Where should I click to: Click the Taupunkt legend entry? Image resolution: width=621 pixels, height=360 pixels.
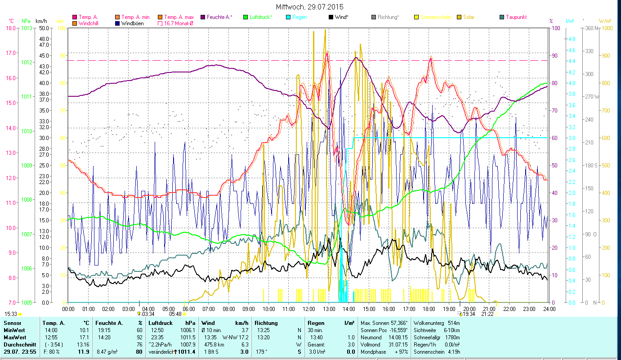click(516, 17)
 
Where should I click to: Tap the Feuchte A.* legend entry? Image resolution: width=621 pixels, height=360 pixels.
click(219, 17)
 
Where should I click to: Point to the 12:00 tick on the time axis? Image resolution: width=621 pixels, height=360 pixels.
click(309, 309)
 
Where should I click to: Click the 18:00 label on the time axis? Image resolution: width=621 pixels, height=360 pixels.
click(429, 309)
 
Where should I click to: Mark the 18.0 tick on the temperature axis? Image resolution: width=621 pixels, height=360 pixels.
click(10, 28)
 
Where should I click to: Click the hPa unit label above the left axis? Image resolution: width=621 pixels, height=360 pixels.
click(26, 21)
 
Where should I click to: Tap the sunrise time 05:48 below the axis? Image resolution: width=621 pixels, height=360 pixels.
click(175, 314)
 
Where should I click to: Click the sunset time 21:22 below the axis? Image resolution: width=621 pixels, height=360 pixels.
click(488, 314)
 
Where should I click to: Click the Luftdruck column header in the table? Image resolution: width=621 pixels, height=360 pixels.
click(160, 323)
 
